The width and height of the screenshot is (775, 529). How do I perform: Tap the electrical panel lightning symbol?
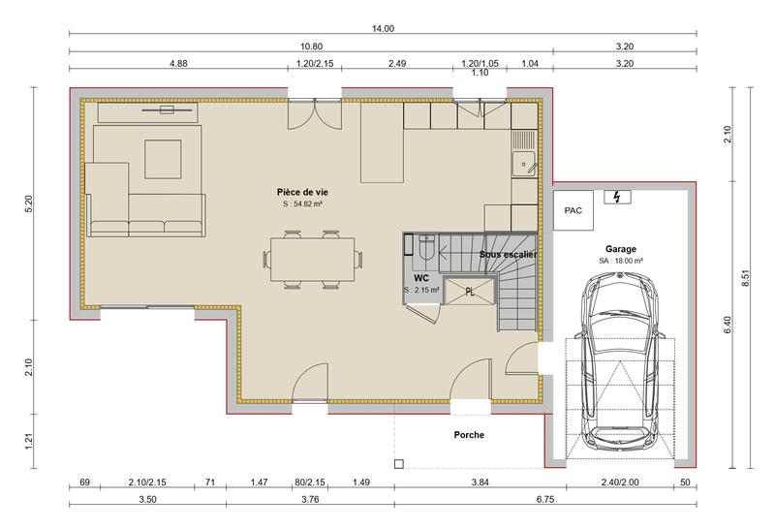[x=615, y=198]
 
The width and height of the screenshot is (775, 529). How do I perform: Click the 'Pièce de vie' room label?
[x=302, y=192]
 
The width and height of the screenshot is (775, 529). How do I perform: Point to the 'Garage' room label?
[x=621, y=248]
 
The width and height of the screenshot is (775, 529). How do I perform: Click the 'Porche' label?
[x=469, y=435]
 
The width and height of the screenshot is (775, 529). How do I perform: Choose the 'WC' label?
[x=420, y=277]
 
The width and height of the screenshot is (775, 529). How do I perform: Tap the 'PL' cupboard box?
[x=470, y=291]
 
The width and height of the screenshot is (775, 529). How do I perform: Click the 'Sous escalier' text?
[x=509, y=254]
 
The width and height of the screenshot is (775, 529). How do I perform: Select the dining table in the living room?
[x=313, y=259]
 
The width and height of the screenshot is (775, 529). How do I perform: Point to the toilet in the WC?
[x=426, y=250]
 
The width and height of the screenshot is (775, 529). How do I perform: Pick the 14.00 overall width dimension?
[x=383, y=29]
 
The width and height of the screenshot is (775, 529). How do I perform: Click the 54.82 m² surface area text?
[x=302, y=205]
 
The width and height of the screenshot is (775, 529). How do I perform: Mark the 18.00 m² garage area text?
[x=621, y=261]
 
